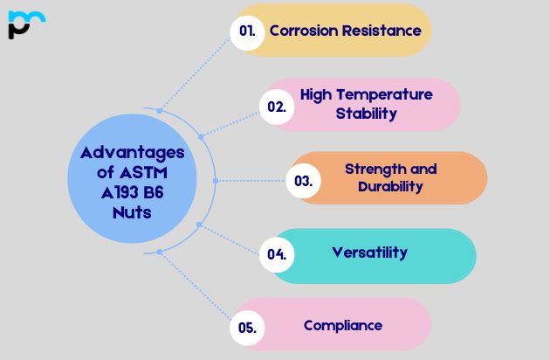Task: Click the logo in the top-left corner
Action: pyautogui.click(x=25, y=24)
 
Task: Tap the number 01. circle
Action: pyautogui.click(x=248, y=31)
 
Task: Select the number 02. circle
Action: pyautogui.click(x=277, y=107)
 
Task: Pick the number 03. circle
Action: pyautogui.click(x=304, y=182)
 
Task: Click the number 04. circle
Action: pyautogui.click(x=277, y=255)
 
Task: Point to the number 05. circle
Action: pyautogui.click(x=247, y=328)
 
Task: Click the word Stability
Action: pyautogui.click(x=367, y=114)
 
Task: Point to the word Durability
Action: pyautogui.click(x=390, y=186)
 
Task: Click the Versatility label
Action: pyautogui.click(x=369, y=253)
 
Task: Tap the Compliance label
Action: pyautogui.click(x=342, y=325)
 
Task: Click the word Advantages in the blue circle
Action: pyautogui.click(x=133, y=151)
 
